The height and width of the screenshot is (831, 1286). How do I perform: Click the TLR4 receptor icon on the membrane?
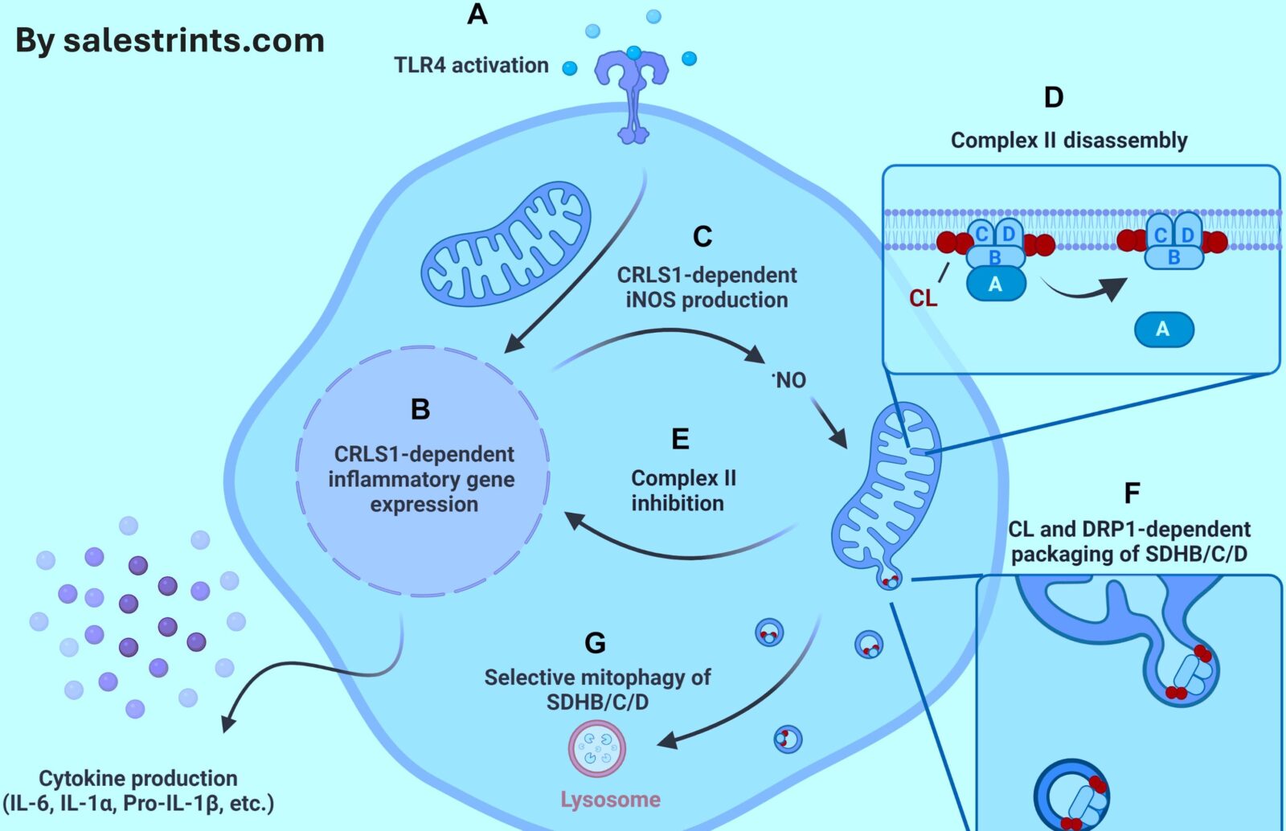coord(632,92)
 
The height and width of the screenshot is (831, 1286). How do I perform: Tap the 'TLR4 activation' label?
coord(471,65)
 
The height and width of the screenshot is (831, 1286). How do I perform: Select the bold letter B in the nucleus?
coord(420,409)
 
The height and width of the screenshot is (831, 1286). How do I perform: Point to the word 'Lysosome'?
coord(610,800)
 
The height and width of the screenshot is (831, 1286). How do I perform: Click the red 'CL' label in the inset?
coord(923,298)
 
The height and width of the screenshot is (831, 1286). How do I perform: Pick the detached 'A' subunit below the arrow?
coord(1163,330)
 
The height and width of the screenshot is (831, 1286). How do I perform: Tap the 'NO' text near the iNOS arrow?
coord(790,380)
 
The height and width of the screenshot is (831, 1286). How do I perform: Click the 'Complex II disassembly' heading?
coord(1069,141)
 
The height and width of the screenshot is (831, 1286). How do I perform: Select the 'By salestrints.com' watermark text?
coord(170,41)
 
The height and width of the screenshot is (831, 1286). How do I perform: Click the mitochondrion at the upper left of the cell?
coord(507,244)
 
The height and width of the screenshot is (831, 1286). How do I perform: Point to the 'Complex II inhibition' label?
coord(682,490)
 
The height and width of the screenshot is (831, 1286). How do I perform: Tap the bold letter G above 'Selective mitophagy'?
coord(595,643)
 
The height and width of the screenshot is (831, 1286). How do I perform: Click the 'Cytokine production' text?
coord(138,778)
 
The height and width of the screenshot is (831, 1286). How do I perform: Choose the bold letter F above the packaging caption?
coord(1132,493)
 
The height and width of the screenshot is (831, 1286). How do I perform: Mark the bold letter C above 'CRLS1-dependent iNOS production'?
coord(702,236)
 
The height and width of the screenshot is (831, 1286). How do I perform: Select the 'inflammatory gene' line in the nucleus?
coord(421,479)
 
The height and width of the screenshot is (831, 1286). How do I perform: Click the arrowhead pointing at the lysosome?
coord(668,741)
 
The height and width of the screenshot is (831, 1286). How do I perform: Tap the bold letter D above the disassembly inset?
coord(1053,97)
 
